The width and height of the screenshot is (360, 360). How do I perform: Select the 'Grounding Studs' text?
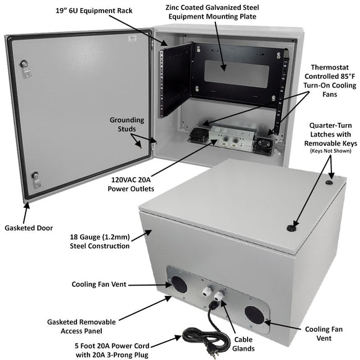pos(127,125)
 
